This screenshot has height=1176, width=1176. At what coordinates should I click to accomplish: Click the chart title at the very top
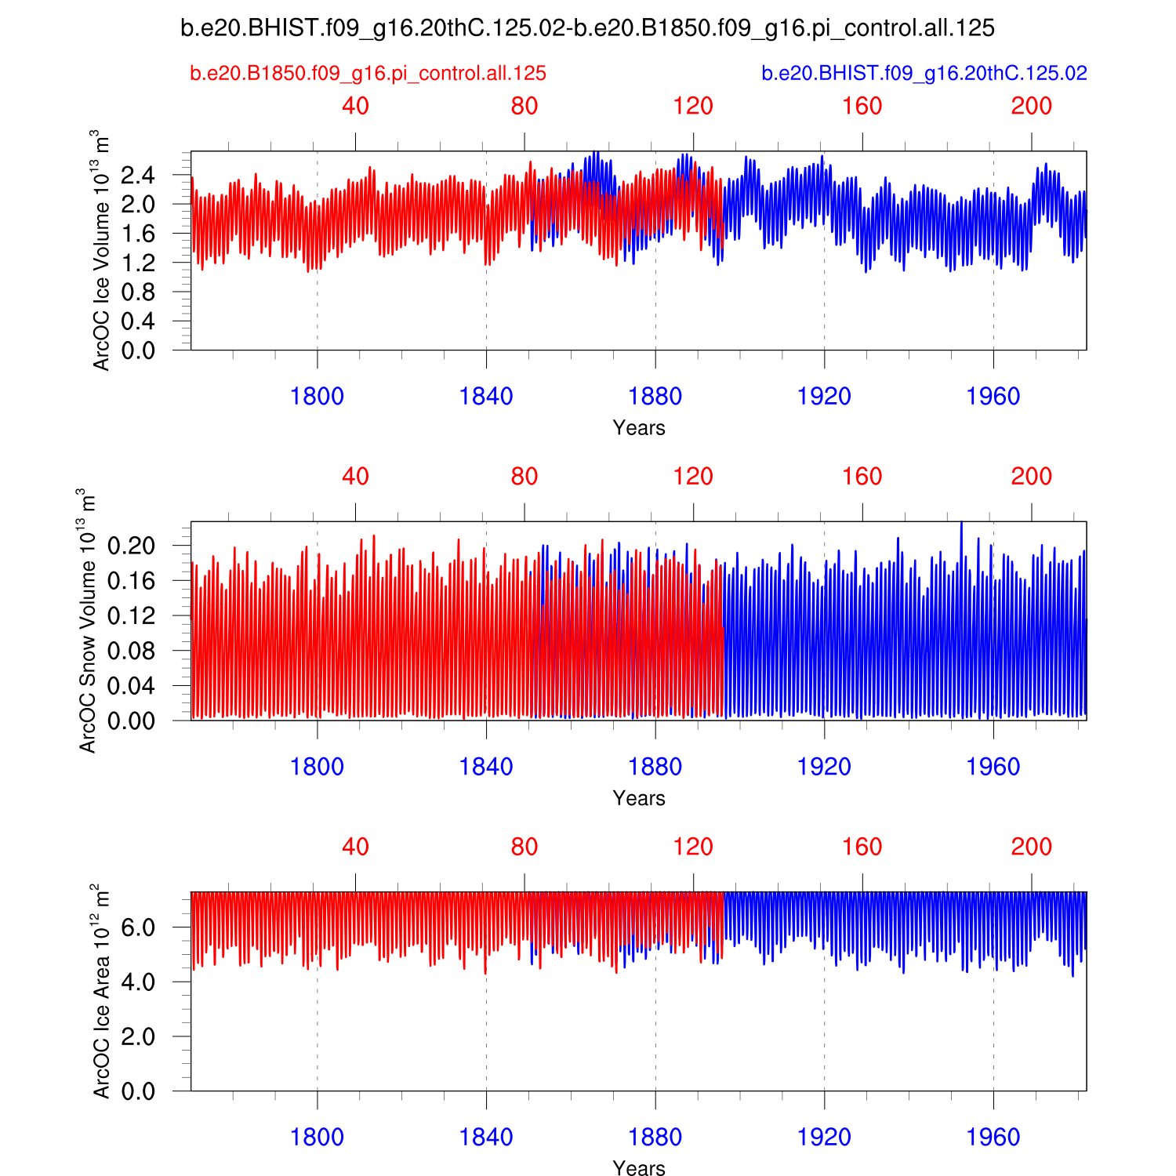tap(587, 28)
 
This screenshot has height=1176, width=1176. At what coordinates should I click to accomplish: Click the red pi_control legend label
tap(368, 74)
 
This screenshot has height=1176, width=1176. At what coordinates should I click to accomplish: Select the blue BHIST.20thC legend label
tap(924, 74)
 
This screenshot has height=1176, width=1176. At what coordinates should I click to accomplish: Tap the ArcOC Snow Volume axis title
tap(88, 621)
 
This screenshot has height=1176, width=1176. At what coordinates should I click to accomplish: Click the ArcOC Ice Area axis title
tap(100, 991)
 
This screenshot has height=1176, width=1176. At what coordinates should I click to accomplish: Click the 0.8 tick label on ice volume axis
tap(138, 292)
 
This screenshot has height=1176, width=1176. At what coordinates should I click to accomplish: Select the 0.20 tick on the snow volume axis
tap(131, 545)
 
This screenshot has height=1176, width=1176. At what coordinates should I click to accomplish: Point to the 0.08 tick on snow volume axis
tap(131, 651)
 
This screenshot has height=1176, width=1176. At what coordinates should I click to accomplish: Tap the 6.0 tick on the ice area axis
tap(138, 927)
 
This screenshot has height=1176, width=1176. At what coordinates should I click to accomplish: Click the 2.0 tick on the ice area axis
tap(138, 1036)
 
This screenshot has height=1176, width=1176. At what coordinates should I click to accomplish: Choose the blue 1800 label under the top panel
tap(317, 397)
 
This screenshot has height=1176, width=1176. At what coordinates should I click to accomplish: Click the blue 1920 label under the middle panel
tap(824, 767)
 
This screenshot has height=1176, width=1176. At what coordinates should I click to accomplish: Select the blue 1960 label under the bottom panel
tap(993, 1137)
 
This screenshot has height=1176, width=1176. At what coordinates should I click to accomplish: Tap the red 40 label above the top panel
tap(355, 107)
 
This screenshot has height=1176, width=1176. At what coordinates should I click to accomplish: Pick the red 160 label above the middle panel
tap(862, 477)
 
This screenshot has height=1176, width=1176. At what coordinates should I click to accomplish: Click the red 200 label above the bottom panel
tap(1032, 847)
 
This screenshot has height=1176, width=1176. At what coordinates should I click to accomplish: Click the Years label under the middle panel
tap(639, 798)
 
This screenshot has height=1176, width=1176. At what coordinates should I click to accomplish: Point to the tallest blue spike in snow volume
tap(961, 524)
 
